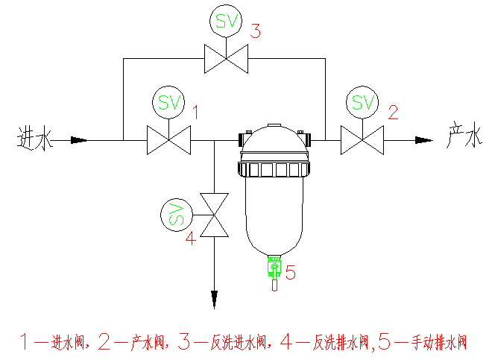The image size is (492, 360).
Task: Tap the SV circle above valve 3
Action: click(x=227, y=21)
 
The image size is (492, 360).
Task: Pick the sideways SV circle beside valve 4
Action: click(x=175, y=216)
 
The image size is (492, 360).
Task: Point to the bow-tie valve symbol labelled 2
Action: click(x=362, y=139)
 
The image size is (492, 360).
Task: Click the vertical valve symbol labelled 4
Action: click(x=214, y=215)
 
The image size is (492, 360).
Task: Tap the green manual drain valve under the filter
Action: click(x=274, y=268)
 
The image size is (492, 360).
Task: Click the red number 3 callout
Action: click(x=256, y=31)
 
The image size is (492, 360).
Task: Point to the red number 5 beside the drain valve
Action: click(x=291, y=274)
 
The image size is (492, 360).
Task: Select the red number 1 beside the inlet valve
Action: click(x=196, y=113)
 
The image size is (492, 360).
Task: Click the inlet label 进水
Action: click(x=36, y=138)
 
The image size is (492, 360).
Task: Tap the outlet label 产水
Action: click(x=461, y=136)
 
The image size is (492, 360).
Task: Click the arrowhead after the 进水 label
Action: click(x=79, y=139)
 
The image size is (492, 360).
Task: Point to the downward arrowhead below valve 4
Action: click(x=214, y=298)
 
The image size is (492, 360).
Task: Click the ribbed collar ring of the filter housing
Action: click(x=274, y=170)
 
